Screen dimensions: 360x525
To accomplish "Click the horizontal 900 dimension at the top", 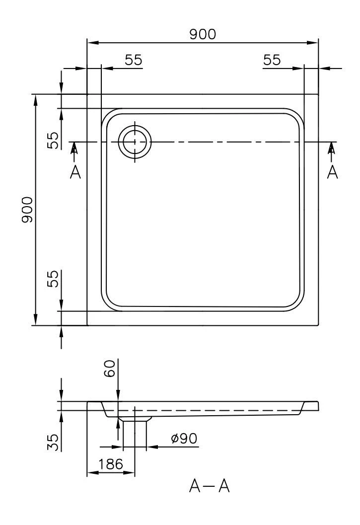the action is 203,34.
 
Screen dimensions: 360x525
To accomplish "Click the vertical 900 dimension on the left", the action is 27,210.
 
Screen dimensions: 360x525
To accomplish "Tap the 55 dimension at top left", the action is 134,60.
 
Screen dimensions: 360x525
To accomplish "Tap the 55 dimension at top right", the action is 272,60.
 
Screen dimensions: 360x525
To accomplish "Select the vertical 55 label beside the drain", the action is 53,140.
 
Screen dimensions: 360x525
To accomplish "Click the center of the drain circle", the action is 135,142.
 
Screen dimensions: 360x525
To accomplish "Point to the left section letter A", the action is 75,172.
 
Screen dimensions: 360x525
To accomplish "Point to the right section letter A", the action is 332,172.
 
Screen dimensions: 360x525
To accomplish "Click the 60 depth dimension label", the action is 110,369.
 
